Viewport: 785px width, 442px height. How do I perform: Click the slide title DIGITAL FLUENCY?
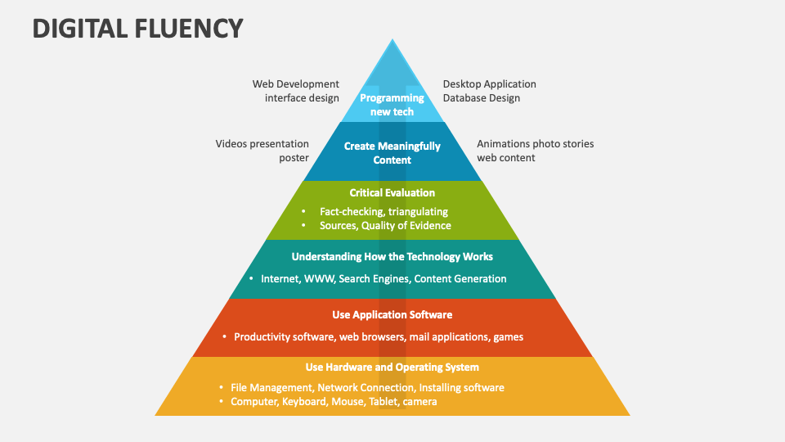coord(137,29)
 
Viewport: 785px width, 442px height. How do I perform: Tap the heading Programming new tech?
coord(392,105)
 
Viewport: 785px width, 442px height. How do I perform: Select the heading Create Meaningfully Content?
coord(392,153)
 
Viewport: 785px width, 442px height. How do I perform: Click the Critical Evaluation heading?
coord(392,193)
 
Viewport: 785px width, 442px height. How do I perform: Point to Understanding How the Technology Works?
coord(392,256)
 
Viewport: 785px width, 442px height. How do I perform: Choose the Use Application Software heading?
coord(392,314)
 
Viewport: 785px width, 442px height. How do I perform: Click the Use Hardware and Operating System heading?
coord(392,367)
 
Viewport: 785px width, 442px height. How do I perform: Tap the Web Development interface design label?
coord(295,91)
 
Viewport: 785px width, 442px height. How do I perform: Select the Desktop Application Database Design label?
coord(489,91)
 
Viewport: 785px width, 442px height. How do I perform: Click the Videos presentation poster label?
coord(262,151)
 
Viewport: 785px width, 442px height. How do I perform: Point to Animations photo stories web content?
coord(535,151)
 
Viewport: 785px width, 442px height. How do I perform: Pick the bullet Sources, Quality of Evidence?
coord(385,225)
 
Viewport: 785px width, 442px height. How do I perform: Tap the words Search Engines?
coord(374,278)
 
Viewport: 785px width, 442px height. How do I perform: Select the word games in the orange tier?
coord(508,336)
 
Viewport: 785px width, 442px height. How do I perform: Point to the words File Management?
coord(271,387)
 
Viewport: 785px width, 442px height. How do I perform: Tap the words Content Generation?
coord(460,278)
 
